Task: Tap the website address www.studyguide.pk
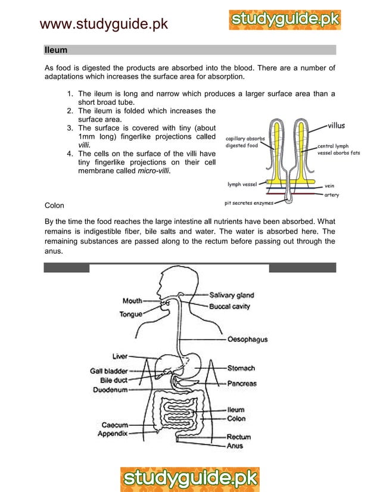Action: pos(104,24)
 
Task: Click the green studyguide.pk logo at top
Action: pos(285,20)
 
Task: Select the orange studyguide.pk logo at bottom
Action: pos(190,478)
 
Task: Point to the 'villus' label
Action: pos(336,126)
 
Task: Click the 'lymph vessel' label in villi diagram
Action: pos(241,184)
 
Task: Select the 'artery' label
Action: pos(332,195)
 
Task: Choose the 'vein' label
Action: pos(329,185)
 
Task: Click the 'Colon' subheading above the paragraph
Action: pos(56,205)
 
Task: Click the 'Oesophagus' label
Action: pos(247,340)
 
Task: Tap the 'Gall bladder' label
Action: pos(109,370)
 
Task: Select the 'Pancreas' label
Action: pos(241,384)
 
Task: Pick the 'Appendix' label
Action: pos(113,434)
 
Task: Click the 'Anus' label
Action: pos(235,446)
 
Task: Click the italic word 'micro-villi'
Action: pos(154,171)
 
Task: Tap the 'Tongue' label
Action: pos(130,314)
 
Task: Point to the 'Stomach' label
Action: pos(241,368)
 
